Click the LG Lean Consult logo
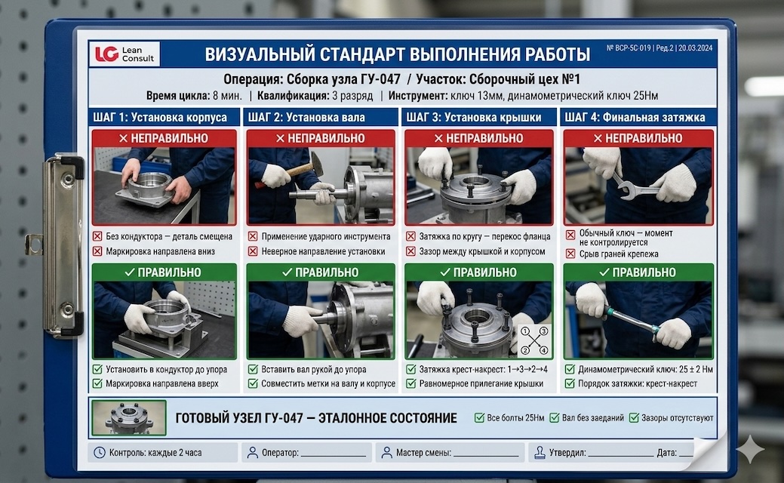click(x=125, y=54)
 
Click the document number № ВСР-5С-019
click(x=629, y=48)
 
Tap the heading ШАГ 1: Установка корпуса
click(x=160, y=118)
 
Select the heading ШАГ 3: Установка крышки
click(x=474, y=118)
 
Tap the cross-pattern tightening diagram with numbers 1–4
click(x=534, y=340)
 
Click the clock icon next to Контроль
click(x=100, y=453)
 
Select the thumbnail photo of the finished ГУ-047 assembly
click(x=129, y=417)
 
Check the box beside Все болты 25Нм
click(x=479, y=417)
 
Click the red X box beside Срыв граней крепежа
click(x=570, y=254)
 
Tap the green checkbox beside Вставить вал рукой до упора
click(x=253, y=370)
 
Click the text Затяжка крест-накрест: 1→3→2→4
click(x=484, y=370)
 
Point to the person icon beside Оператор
click(x=253, y=453)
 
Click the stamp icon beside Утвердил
click(x=540, y=453)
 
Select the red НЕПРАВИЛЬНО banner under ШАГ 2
click(x=321, y=139)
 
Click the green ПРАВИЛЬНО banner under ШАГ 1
click(x=164, y=272)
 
